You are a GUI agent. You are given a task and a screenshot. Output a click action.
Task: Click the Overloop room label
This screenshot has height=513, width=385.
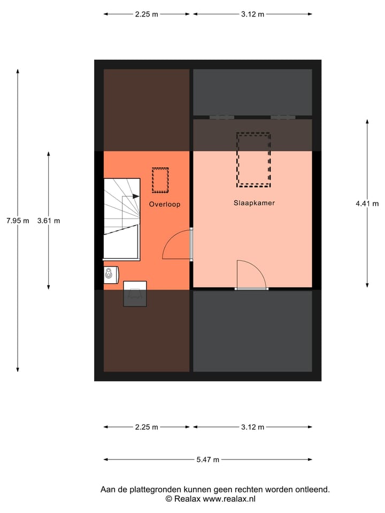(165, 204)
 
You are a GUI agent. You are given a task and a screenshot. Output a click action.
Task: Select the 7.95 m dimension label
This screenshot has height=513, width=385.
(18, 220)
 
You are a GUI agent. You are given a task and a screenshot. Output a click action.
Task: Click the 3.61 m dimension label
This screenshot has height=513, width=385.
(49, 220)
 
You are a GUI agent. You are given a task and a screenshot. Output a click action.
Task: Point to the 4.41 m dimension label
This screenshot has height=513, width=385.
(367, 203)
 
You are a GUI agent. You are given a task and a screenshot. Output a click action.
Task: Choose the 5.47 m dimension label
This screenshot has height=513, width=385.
(207, 459)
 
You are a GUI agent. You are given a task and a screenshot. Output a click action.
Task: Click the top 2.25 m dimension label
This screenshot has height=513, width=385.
(147, 14)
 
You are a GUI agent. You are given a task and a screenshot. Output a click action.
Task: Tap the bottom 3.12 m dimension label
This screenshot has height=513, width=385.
(252, 427)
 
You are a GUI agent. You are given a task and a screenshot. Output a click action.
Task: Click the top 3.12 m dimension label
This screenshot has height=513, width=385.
(252, 14)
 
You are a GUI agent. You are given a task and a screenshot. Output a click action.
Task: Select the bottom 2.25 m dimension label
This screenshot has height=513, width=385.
(147, 427)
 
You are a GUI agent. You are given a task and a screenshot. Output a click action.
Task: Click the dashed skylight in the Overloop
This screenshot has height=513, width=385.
(160, 181)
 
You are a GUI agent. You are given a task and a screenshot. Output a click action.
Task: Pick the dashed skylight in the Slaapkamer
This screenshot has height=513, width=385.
(253, 160)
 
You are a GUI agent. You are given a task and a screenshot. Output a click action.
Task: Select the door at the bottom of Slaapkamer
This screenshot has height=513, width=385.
(250, 275)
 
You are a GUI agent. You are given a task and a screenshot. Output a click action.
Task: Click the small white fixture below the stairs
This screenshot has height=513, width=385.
(110, 275)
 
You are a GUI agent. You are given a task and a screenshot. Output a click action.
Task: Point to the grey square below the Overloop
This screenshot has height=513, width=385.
(135, 294)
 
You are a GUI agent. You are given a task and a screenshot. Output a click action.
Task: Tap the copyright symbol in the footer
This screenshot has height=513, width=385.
(168, 499)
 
